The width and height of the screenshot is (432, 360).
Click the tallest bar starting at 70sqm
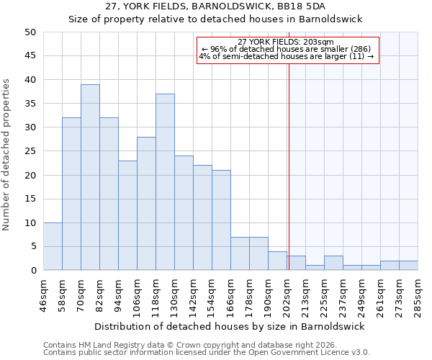point(90,177)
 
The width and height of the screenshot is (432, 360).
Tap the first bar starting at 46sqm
point(53,246)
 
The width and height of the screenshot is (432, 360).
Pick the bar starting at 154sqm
point(221,220)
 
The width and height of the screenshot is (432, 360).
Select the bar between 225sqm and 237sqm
point(333,263)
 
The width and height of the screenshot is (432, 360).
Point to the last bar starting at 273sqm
point(408,265)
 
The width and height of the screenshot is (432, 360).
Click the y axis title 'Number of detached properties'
point(6,155)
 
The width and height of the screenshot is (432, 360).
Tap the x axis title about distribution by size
point(230,326)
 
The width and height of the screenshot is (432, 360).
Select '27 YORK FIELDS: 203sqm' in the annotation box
point(286,42)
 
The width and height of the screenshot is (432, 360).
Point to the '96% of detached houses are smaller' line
point(287,50)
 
